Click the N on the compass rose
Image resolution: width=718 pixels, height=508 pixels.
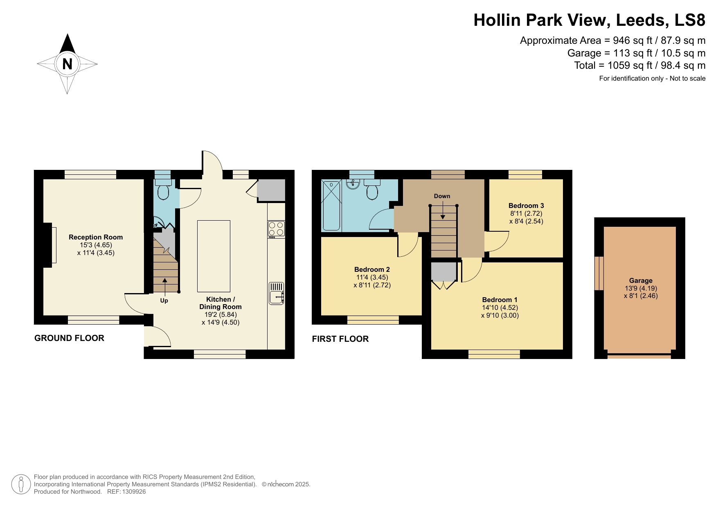pyautogui.click(x=67, y=64)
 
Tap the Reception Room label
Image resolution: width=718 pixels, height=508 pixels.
pyautogui.click(x=96, y=237)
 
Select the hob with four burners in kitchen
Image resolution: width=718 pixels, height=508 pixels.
pyautogui.click(x=276, y=229)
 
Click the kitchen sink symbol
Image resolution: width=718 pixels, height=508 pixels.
pyautogui.click(x=276, y=293)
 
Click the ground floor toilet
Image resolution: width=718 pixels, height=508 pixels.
pyautogui.click(x=163, y=192)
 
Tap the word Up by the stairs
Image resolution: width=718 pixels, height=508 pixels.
pyautogui.click(x=164, y=300)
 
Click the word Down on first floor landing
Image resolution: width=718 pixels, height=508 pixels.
pyautogui.click(x=442, y=196)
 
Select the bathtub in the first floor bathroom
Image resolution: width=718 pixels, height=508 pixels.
pyautogui.click(x=332, y=205)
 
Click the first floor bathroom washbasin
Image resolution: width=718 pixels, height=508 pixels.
pyautogui.click(x=352, y=184)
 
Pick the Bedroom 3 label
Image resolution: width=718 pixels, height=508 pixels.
pyautogui.click(x=526, y=205)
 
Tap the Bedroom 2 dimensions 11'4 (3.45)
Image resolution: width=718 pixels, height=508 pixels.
pyautogui.click(x=372, y=277)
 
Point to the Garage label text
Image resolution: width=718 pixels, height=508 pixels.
pyautogui.click(x=640, y=280)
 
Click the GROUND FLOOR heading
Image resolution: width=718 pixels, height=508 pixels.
pyautogui.click(x=69, y=338)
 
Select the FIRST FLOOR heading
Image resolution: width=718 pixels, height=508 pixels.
pyautogui.click(x=340, y=339)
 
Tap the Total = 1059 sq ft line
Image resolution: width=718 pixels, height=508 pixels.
pyautogui.click(x=639, y=65)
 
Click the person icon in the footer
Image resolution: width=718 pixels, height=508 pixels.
pyautogui.click(x=21, y=484)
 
